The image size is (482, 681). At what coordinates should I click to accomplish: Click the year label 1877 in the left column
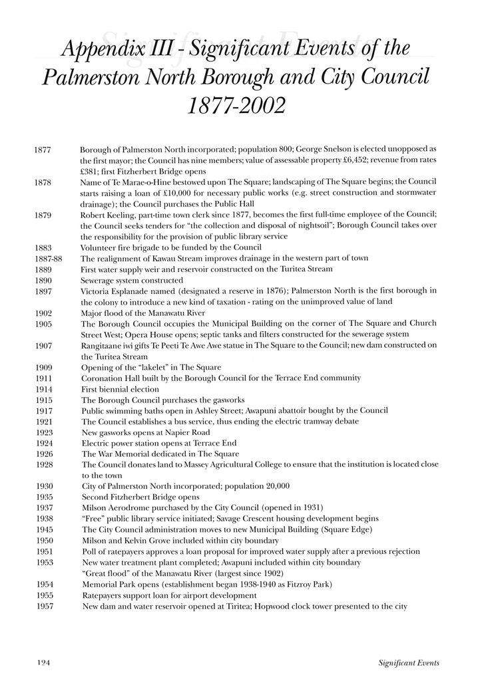[42, 150]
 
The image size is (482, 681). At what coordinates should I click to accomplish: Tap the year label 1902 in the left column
[43, 313]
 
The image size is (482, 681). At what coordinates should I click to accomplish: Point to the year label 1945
[43, 529]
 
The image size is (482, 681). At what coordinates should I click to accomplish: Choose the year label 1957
[43, 607]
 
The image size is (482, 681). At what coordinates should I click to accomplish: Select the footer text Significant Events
[407, 662]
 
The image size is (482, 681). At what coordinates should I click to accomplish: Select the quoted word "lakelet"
[150, 367]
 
